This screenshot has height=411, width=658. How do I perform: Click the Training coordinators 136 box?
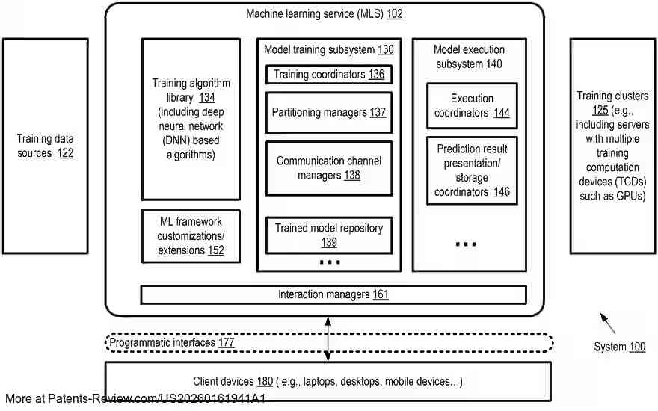click(x=329, y=74)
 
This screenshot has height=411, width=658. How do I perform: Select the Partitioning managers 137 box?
click(x=329, y=112)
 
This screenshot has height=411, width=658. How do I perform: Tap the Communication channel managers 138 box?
click(x=329, y=168)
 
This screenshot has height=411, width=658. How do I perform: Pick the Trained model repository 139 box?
click(x=329, y=235)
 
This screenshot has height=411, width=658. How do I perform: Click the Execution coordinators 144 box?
click(x=472, y=105)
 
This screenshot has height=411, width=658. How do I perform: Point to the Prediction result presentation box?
click(x=472, y=170)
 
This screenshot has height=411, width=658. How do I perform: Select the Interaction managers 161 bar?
click(x=333, y=294)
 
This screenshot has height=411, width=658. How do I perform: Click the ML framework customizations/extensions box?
click(x=191, y=236)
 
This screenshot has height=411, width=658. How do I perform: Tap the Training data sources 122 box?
click(x=46, y=146)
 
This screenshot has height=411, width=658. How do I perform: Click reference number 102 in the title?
click(x=395, y=14)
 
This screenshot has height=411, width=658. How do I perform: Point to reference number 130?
click(x=386, y=50)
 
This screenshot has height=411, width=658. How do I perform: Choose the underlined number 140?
click(x=494, y=64)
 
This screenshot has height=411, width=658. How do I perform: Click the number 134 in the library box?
click(x=207, y=98)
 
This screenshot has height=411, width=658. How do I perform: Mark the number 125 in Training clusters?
click(x=600, y=111)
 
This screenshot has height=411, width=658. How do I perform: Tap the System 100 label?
click(x=619, y=347)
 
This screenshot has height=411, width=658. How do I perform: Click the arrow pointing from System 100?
click(x=608, y=324)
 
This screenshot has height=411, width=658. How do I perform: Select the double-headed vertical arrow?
click(x=328, y=339)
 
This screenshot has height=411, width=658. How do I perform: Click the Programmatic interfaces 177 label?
click(x=172, y=343)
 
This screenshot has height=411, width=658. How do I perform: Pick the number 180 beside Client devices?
click(x=265, y=381)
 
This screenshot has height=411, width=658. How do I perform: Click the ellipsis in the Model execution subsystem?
click(x=466, y=244)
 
